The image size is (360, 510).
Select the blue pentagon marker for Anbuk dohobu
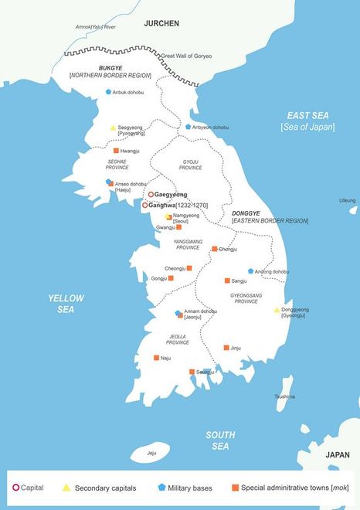coord(109,92)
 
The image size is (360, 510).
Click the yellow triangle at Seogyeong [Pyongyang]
coord(113,127)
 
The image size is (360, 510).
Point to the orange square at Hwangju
coord(116,151)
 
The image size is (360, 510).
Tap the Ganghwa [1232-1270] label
coord(178,206)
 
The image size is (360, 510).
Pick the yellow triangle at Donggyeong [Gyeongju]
coord(277,310)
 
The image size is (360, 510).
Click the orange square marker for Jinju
coord(226,348)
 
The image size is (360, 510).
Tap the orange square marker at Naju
coord(157,358)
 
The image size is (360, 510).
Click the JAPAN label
coord(338,455)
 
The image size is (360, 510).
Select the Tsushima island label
coord(284,396)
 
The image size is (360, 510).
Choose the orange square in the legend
coord(235,488)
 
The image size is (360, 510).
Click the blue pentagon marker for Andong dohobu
coord(250,271)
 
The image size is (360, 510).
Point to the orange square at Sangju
coord(227,280)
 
